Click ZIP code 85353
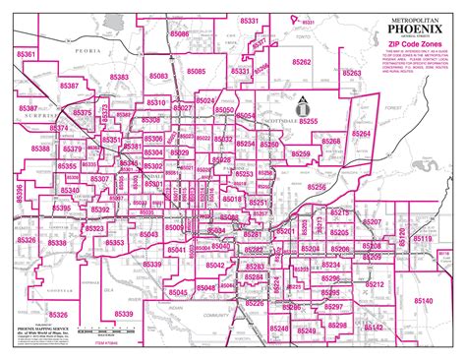tap(114, 242)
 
